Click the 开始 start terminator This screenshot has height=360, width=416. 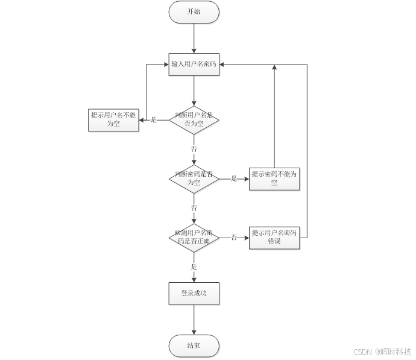point(194,11)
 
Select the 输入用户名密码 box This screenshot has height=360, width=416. point(194,64)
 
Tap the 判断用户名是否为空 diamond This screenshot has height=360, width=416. point(194,119)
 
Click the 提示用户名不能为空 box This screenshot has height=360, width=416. point(113,119)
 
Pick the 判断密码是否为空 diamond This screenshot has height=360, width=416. point(194,178)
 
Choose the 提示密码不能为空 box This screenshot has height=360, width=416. point(274,178)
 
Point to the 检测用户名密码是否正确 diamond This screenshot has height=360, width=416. point(194,237)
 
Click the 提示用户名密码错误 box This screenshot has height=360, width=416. point(274,237)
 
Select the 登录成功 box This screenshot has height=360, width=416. point(194,293)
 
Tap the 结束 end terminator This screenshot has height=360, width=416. point(194,346)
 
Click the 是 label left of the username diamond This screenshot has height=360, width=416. point(153,119)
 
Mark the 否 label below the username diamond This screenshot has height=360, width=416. point(194,148)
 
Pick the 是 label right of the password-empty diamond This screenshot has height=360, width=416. point(234,178)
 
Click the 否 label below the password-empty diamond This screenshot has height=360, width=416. point(194,207)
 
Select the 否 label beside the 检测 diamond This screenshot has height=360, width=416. point(234,237)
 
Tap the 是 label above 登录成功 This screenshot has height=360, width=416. point(194,266)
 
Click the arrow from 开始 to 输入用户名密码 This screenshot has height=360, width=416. point(194,37)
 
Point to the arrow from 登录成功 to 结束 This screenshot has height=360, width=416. point(194,320)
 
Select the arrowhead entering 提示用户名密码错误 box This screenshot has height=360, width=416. point(245,237)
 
